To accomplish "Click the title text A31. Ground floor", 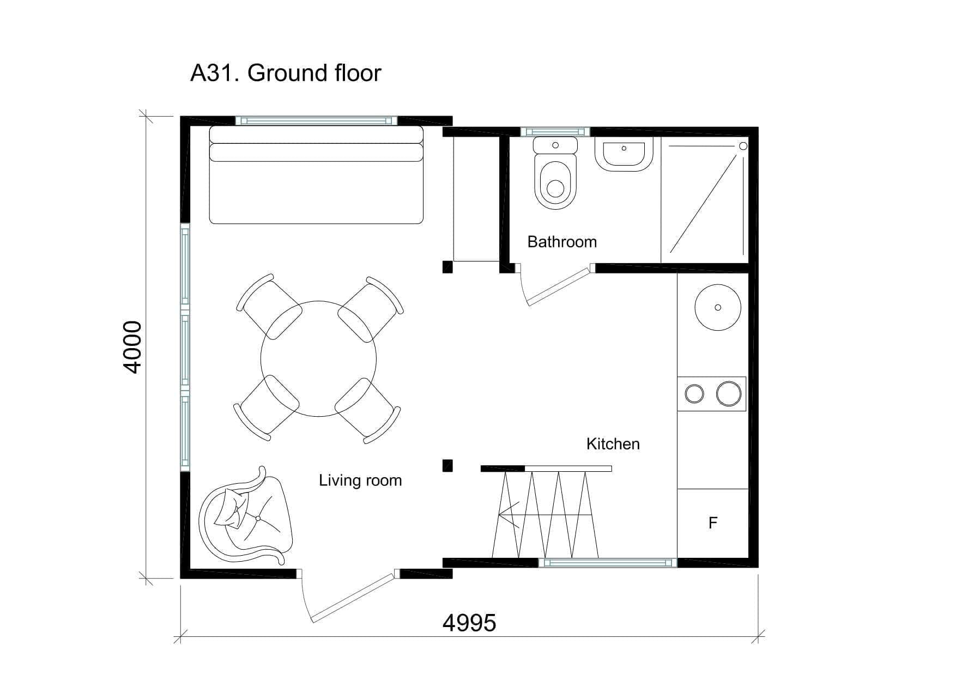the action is pyautogui.click(x=286, y=72).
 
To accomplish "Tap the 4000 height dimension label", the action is pyautogui.click(x=132, y=347).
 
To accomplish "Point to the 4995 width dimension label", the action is pyautogui.click(x=469, y=622).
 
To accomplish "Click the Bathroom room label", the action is pyautogui.click(x=562, y=241).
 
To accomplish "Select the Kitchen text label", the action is pyautogui.click(x=613, y=443).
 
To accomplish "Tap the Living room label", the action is pyautogui.click(x=360, y=481).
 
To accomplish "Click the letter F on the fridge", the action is pyautogui.click(x=713, y=523).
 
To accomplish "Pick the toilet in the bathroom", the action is pyautogui.click(x=555, y=173).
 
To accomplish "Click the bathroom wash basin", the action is pyautogui.click(x=624, y=154).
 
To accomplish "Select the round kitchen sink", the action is pyautogui.click(x=718, y=307).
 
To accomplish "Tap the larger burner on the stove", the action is pyautogui.click(x=729, y=393).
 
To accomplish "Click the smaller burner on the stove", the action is pyautogui.click(x=694, y=393).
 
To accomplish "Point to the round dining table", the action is pyautogui.click(x=318, y=358).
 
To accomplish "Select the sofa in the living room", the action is pyautogui.click(x=316, y=175).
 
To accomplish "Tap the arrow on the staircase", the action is pyautogui.click(x=546, y=515).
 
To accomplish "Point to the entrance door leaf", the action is pyautogui.click(x=352, y=597).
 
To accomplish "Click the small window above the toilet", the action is pyautogui.click(x=555, y=131).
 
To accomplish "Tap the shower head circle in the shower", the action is pyautogui.click(x=743, y=146).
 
